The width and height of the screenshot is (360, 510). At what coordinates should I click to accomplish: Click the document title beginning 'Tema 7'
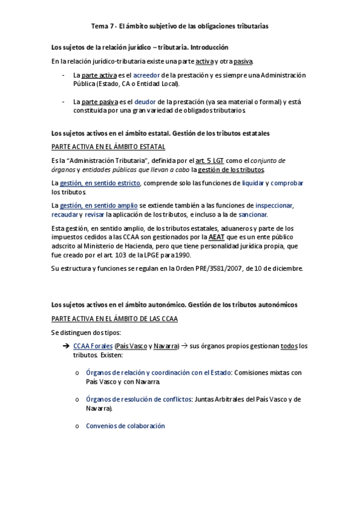[180, 26]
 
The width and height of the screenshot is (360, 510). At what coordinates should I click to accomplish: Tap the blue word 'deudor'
[145, 102]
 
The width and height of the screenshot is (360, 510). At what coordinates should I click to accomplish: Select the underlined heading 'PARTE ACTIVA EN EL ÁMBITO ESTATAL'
[109, 147]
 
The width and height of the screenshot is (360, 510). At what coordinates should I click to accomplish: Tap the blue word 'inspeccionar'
[274, 206]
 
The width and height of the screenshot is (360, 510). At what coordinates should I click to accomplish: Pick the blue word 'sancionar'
[253, 215]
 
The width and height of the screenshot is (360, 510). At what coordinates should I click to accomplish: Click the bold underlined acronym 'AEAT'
[217, 238]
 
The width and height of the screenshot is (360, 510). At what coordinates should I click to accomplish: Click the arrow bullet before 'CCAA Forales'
[66, 346]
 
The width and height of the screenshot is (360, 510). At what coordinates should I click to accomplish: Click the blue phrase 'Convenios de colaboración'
[125, 426]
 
